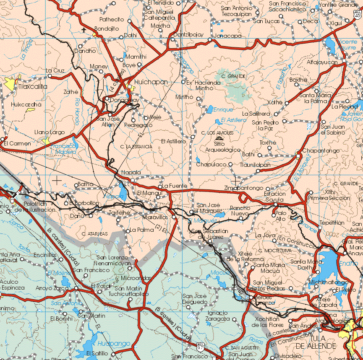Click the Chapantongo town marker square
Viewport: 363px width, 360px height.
pyautogui.click(x=298, y=156)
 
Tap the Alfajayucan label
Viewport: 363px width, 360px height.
pyautogui.click(x=322, y=62)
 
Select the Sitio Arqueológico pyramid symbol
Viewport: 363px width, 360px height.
pyautogui.click(x=219, y=139)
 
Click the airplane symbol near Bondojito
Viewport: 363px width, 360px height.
pyautogui.click(x=84, y=30)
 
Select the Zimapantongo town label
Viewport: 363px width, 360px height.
pyautogui.click(x=244, y=188)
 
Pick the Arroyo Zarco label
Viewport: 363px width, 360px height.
pyautogui.click(x=52, y=288)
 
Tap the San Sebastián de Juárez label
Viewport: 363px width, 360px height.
pyautogui.click(x=209, y=233)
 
